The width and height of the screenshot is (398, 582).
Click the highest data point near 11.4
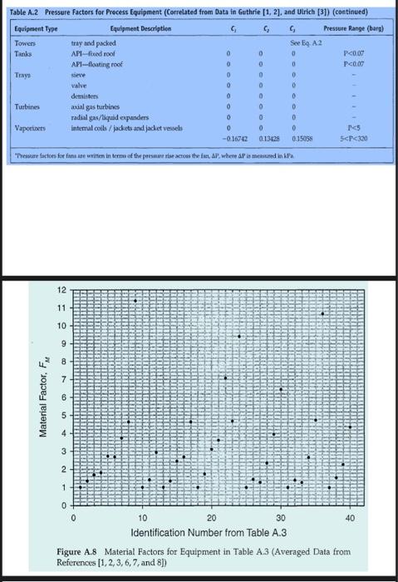pos(135,300)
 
